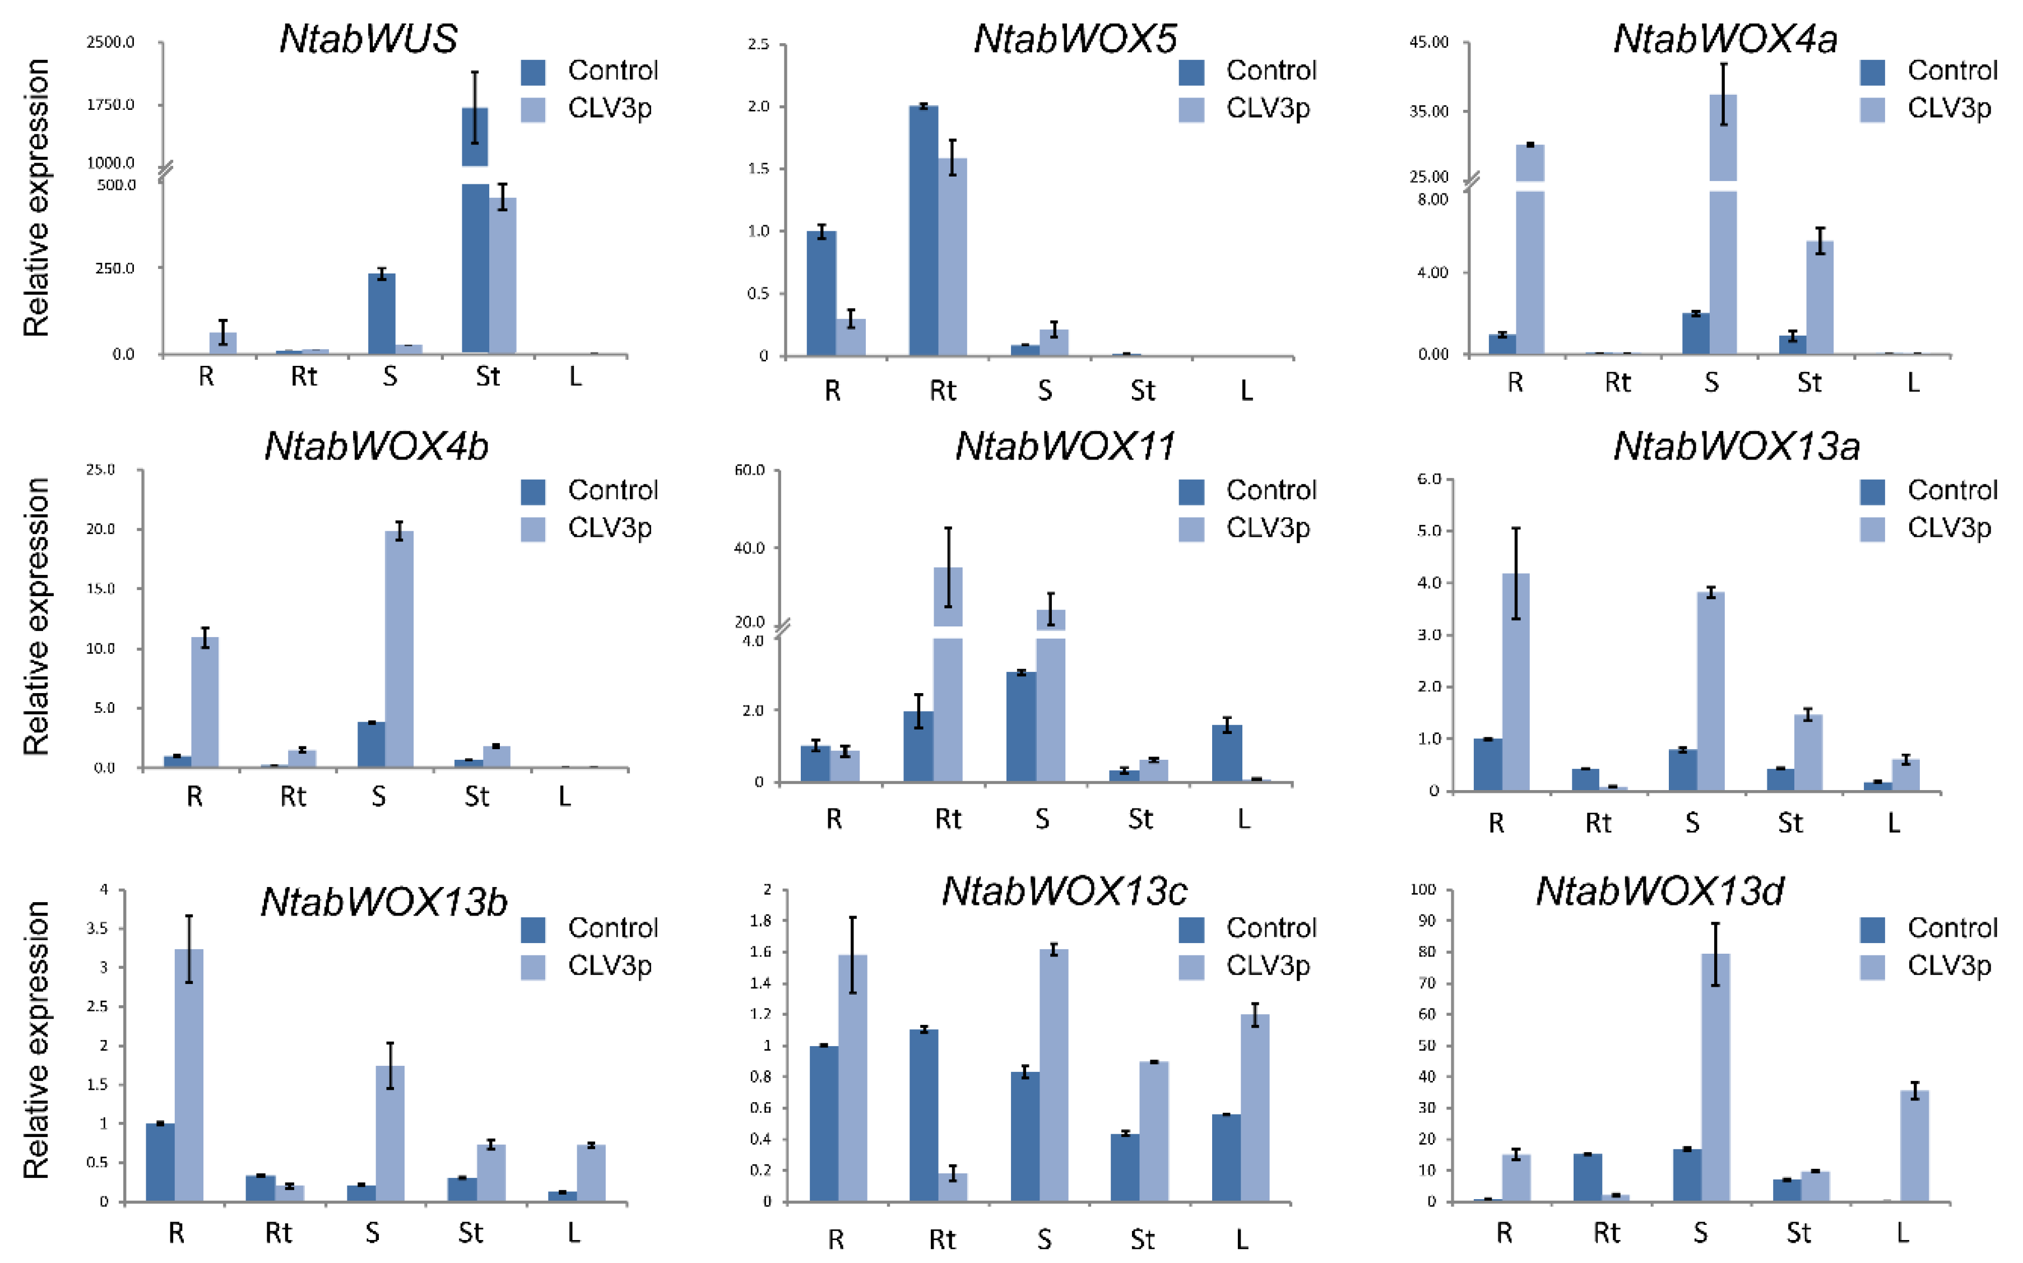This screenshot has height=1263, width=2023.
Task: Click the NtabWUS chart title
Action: (368, 39)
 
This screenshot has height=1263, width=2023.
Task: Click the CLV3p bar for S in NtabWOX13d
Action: (1715, 1078)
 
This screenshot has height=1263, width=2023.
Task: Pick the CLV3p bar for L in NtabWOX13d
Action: (1914, 1146)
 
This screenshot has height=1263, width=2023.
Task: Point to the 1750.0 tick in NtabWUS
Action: (110, 104)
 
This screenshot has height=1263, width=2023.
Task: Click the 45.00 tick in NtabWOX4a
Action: (1429, 43)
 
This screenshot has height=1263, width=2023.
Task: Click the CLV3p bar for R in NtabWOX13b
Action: (189, 1075)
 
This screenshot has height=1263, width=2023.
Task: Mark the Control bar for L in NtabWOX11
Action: (1226, 753)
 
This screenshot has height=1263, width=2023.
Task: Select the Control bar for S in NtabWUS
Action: (382, 313)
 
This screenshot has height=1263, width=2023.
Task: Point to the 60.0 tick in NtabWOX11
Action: (749, 470)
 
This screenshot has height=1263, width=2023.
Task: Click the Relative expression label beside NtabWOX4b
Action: (36, 616)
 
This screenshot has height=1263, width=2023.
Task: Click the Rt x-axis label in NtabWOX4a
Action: (1617, 383)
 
